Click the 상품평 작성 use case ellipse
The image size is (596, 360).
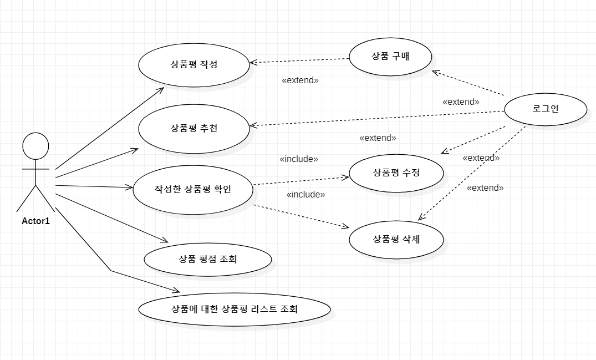coord(193,64)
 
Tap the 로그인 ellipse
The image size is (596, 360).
coord(546,109)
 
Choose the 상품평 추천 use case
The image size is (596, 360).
coord(193,128)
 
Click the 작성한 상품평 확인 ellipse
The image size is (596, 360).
coord(193,189)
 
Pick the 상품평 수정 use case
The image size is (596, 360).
coord(396,173)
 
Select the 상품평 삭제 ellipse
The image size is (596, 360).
coord(396,240)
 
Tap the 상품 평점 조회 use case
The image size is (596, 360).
coord(208,258)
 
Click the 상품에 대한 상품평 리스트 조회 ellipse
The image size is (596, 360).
coord(235,309)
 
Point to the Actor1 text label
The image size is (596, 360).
coord(35,221)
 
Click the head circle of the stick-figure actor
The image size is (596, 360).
coord(35,146)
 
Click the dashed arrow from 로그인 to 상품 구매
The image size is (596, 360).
coord(468,83)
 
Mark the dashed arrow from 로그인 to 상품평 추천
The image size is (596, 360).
coord(377,118)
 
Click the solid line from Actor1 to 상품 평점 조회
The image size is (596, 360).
coord(111,218)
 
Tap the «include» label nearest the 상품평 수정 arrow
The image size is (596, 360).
coord(299,159)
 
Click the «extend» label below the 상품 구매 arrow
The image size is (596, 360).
coord(300,80)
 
